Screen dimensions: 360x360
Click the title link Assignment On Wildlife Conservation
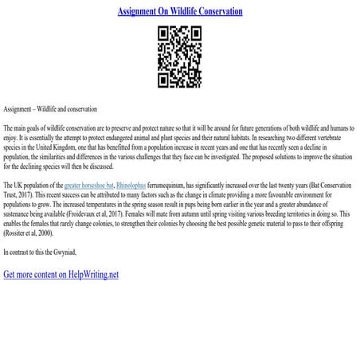point(180,12)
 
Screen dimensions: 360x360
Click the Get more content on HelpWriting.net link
point(61,274)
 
